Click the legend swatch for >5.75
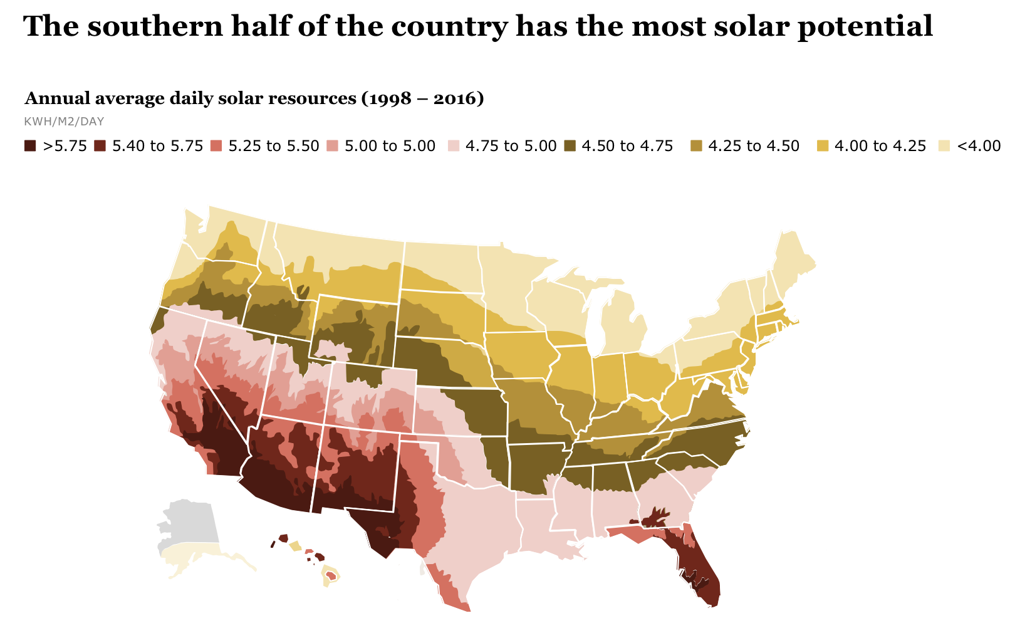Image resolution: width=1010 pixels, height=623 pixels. [x=30, y=146]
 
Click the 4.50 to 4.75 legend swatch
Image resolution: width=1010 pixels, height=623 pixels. [x=569, y=146]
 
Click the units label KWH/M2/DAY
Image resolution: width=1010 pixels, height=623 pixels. [x=63, y=122]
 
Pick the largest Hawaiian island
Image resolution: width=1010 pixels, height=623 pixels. [x=330, y=575]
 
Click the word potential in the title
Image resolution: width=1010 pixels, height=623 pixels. [x=865, y=26]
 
